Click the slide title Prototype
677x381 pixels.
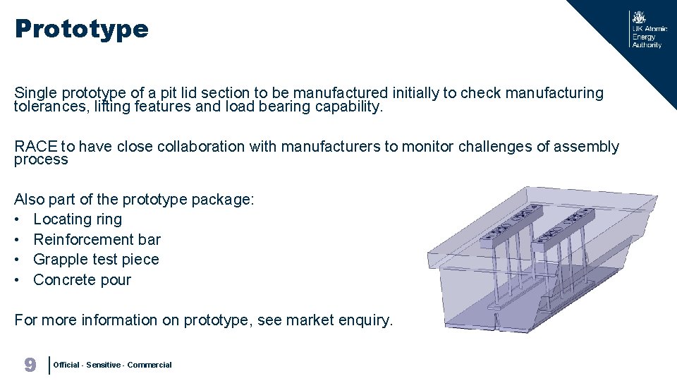click(81, 29)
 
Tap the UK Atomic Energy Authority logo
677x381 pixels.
click(647, 30)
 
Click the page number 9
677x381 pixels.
click(30, 365)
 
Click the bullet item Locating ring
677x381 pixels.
click(78, 219)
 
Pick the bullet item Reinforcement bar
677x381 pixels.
click(97, 239)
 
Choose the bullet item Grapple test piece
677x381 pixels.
click(96, 260)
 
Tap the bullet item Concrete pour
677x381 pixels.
click(82, 279)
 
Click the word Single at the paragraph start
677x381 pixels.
click(35, 93)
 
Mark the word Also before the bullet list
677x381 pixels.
click(29, 200)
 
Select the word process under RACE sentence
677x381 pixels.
click(41, 160)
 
